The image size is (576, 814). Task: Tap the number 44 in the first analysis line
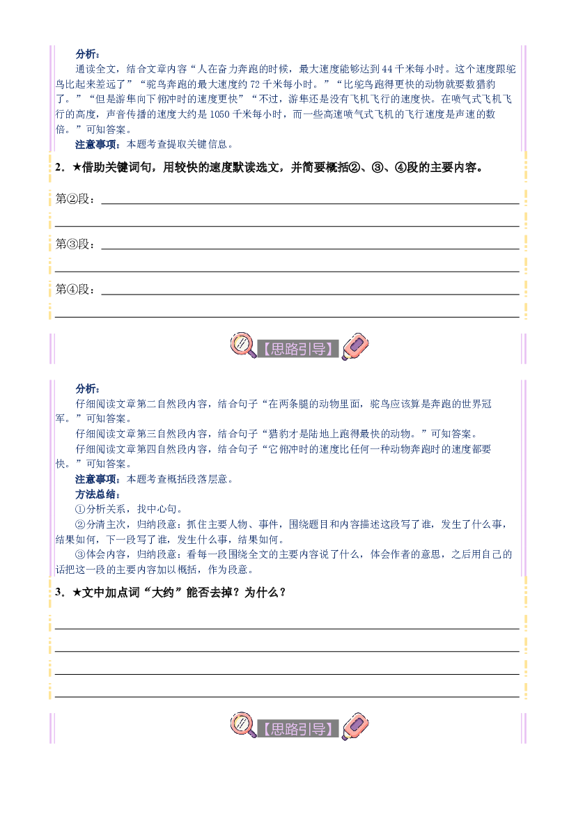coord(387,69)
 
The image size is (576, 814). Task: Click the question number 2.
coord(59,167)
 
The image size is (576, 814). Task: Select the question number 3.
coord(59,593)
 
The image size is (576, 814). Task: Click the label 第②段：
coord(76,199)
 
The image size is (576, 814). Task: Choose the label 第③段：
coord(76,244)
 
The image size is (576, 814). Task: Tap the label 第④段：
coord(76,289)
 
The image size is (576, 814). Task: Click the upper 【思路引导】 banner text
coord(298,349)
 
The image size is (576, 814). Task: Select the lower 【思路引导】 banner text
coord(298,729)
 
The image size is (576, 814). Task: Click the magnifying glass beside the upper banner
coord(243,346)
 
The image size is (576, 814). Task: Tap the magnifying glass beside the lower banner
coord(243,726)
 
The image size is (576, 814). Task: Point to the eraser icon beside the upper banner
coord(355,347)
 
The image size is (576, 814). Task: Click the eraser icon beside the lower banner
coord(355,727)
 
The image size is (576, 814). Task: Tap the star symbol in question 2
coord(77,167)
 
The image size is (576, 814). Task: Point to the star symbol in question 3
coord(77,593)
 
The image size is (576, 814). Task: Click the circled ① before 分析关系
coord(81,509)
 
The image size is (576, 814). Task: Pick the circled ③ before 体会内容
coord(81,554)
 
